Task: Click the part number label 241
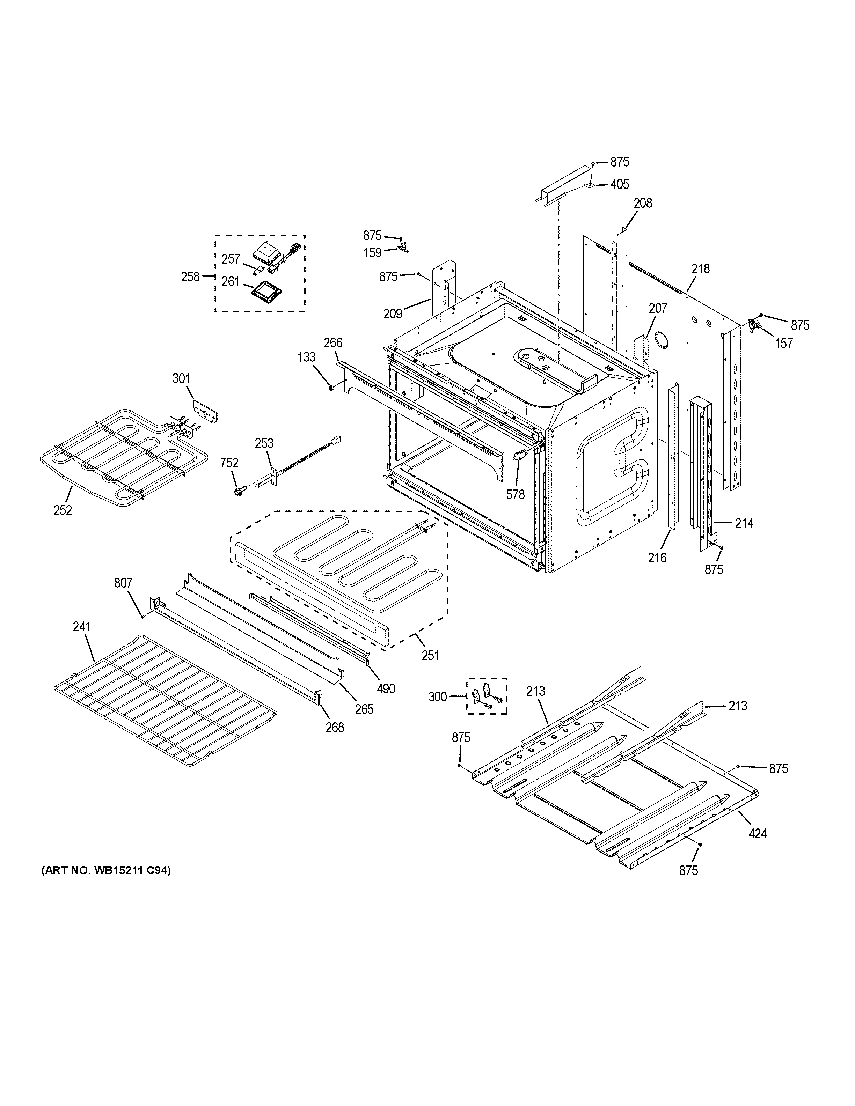81,627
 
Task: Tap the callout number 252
63,510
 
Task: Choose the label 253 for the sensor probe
264,444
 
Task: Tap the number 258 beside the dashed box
190,276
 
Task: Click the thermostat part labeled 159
403,248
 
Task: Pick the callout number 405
620,184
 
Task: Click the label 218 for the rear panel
701,268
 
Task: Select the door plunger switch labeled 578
518,457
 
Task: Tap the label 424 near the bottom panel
758,833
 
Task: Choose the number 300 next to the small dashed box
438,697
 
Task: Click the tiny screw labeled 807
143,616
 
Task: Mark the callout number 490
386,689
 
